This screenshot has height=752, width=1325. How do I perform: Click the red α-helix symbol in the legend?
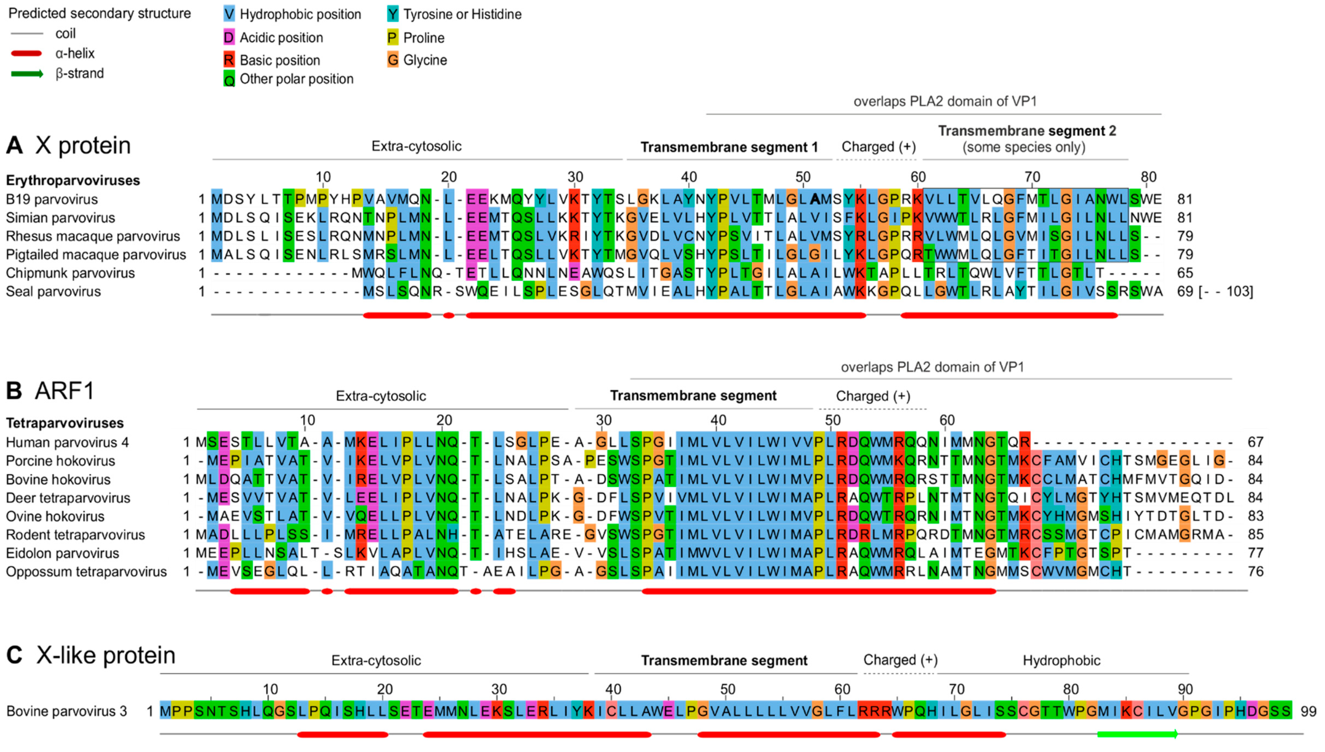[26, 53]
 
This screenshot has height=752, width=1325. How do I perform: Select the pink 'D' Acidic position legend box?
[229, 38]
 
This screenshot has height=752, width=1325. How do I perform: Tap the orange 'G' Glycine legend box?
[393, 60]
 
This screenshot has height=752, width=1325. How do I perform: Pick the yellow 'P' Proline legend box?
[393, 38]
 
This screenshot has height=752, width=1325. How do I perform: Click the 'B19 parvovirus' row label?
[52, 199]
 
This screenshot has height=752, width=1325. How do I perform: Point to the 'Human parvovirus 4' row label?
[67, 442]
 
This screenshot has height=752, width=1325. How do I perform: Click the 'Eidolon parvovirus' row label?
[62, 553]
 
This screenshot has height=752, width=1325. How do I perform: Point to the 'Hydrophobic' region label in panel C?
[1061, 661]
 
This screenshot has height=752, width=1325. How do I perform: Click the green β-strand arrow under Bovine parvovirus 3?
[1137, 734]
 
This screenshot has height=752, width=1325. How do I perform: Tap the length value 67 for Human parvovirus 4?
[1255, 442]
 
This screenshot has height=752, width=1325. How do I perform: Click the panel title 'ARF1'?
[65, 391]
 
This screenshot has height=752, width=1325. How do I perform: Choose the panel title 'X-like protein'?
[106, 655]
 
